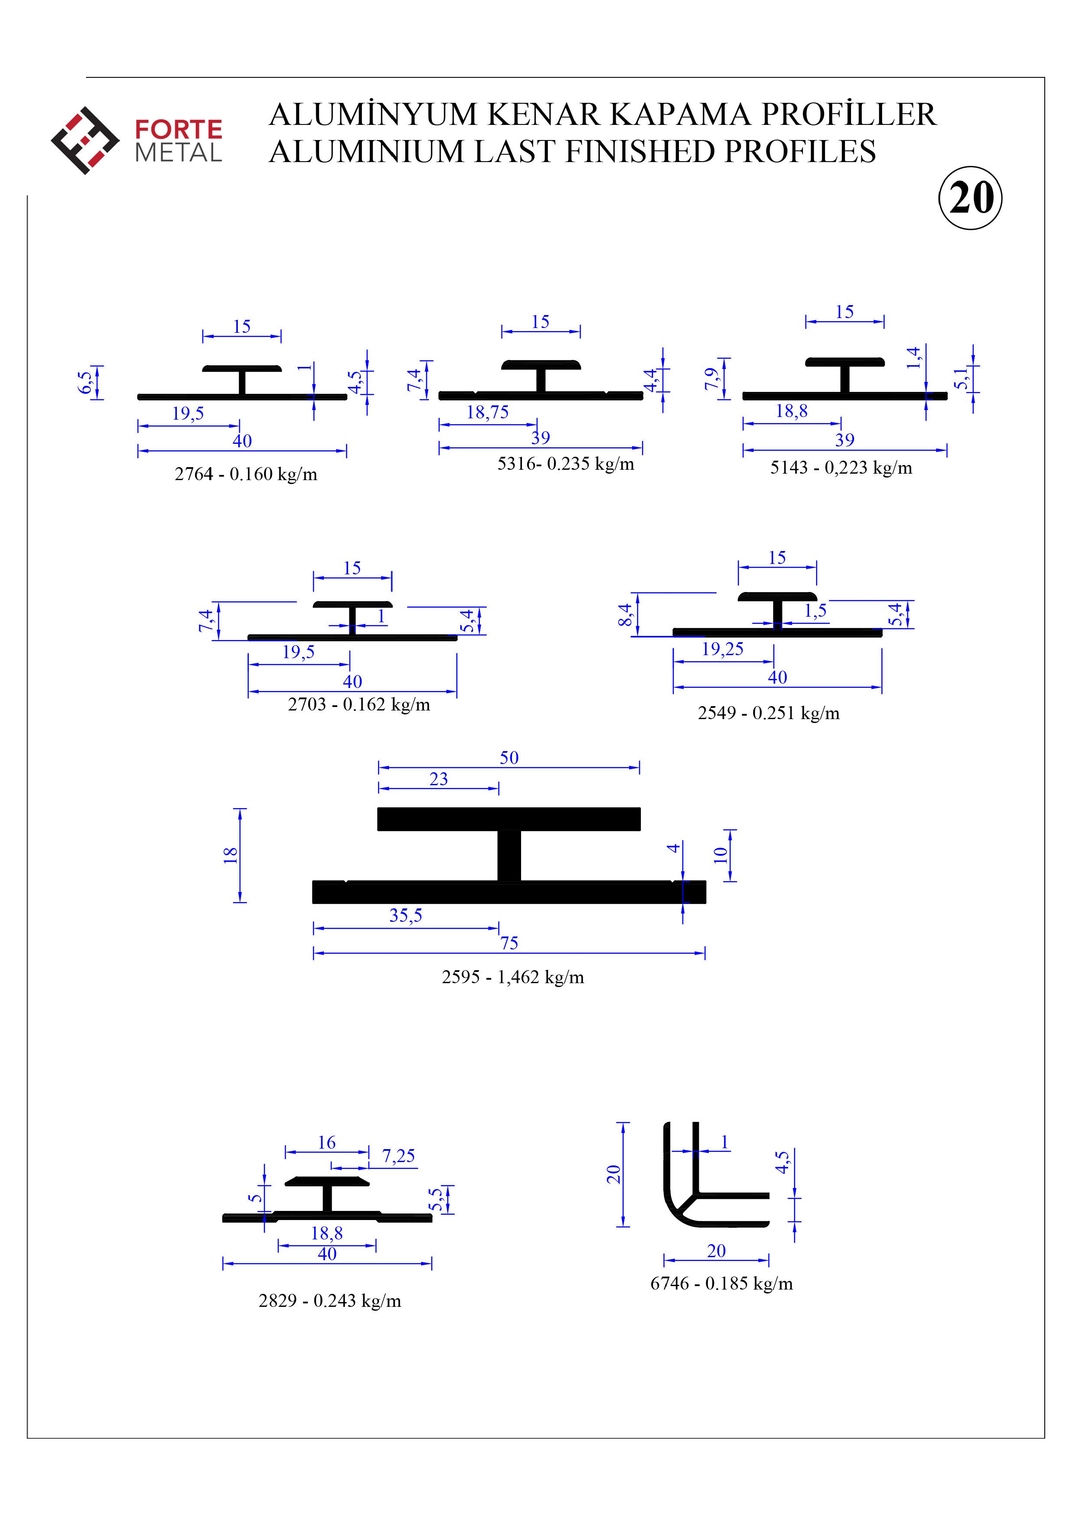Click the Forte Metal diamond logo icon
pos(85,140)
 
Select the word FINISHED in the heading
pos(641,151)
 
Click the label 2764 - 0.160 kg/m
pos(246,474)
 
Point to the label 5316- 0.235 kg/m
pos(565,464)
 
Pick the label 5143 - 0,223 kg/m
pos(841,468)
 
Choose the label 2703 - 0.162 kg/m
pos(358,704)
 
